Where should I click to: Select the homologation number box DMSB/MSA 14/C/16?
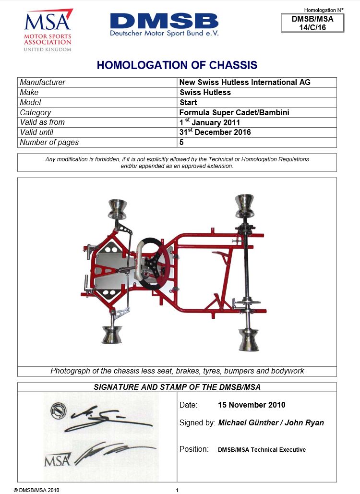(312, 23)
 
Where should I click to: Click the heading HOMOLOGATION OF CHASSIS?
(177, 65)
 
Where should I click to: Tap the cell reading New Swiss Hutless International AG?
(245, 82)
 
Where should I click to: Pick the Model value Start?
(188, 102)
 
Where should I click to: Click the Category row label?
(36, 112)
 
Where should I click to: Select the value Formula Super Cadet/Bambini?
(234, 112)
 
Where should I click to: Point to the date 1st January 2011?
(209, 122)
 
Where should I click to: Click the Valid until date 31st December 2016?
(215, 132)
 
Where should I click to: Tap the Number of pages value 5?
(181, 142)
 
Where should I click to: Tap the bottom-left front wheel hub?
(111, 335)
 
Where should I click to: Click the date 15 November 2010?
(252, 405)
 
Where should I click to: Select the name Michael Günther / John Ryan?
(271, 422)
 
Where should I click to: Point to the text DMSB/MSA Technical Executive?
(262, 450)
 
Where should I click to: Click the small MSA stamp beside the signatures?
(57, 460)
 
